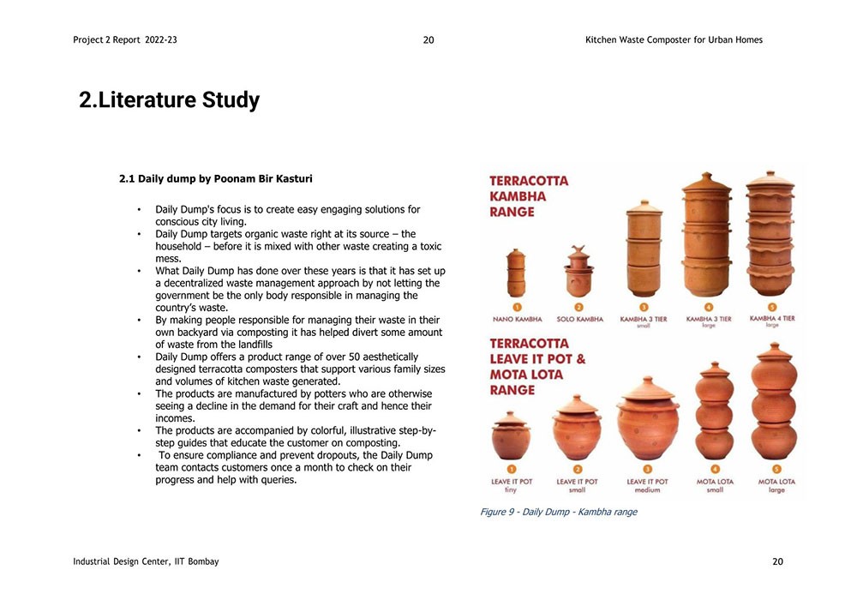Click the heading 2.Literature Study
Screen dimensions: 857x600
pyautogui.click(x=169, y=100)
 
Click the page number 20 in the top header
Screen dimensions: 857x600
pyautogui.click(x=428, y=40)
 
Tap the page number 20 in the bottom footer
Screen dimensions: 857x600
pyautogui.click(x=778, y=561)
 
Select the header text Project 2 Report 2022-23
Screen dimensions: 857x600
pyautogui.click(x=125, y=40)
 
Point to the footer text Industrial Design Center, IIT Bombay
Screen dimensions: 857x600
pyautogui.click(x=146, y=561)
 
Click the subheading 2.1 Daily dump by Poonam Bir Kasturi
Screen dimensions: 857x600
pyautogui.click(x=216, y=178)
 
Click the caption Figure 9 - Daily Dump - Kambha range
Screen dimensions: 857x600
pyautogui.click(x=559, y=512)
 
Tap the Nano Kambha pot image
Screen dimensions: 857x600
pyautogui.click(x=516, y=273)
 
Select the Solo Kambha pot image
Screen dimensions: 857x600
pyautogui.click(x=578, y=272)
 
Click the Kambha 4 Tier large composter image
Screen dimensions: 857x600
pyautogui.click(x=770, y=233)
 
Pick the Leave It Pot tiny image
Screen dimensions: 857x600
pyautogui.click(x=511, y=435)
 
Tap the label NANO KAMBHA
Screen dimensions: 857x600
pyautogui.click(x=517, y=319)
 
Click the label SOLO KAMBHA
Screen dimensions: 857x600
pyautogui.click(x=580, y=319)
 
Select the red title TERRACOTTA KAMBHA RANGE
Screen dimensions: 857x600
pyautogui.click(x=529, y=196)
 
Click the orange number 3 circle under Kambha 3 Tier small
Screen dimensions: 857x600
pyautogui.click(x=644, y=308)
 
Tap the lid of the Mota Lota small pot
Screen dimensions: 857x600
pyautogui.click(x=715, y=369)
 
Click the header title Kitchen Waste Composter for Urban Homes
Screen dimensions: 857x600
pyautogui.click(x=674, y=40)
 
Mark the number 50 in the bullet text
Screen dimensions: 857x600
pyautogui.click(x=355, y=357)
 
